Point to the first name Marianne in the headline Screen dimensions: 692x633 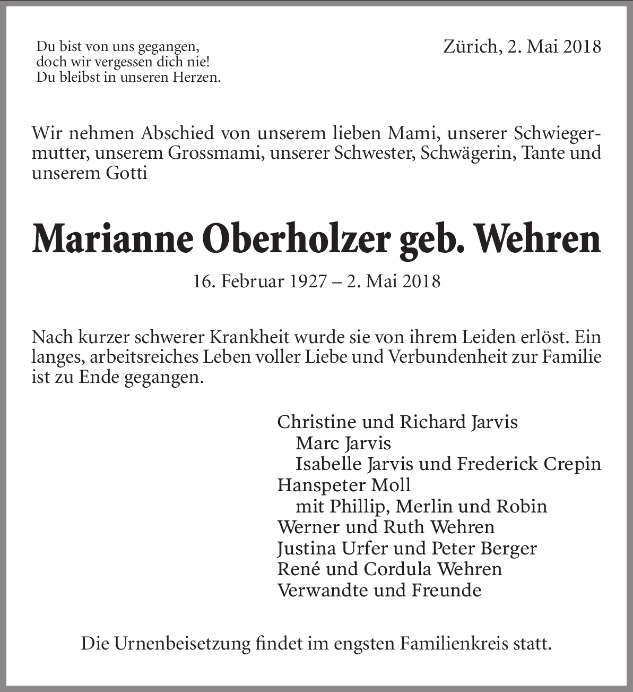112,240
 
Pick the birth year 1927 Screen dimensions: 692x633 308,281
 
